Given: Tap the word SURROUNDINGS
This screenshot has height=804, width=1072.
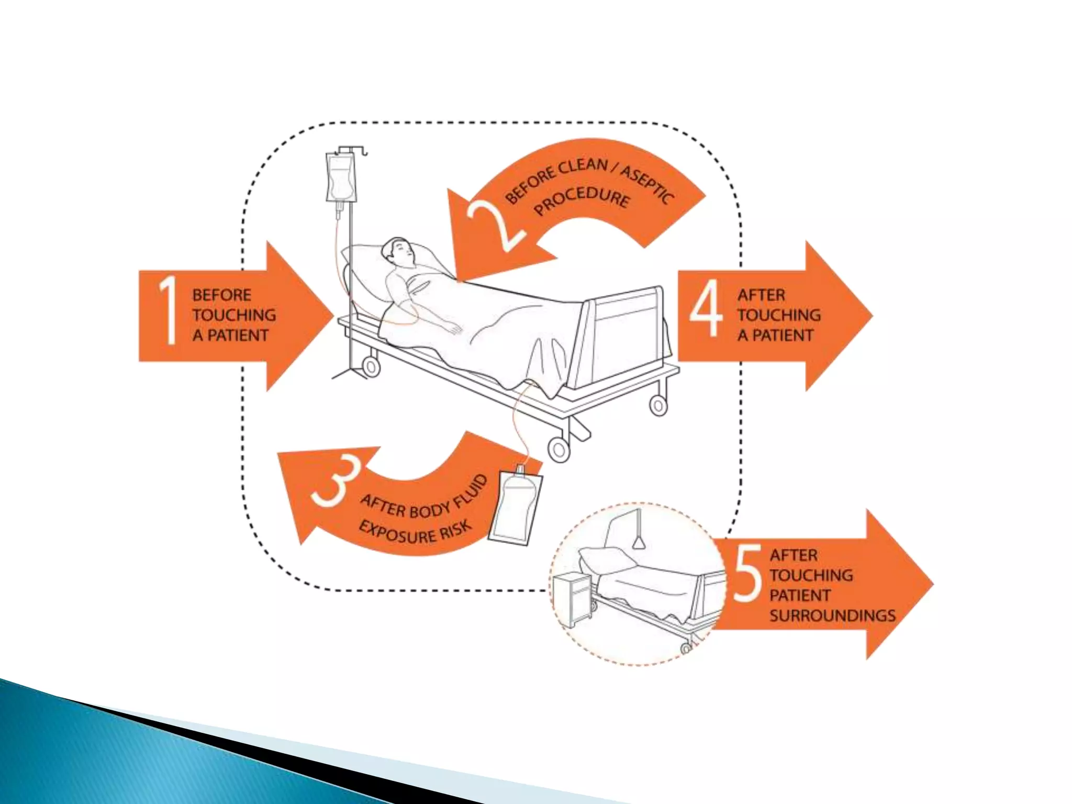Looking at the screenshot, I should pyautogui.click(x=832, y=616).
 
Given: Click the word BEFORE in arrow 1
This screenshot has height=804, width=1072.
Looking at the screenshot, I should pyautogui.click(x=221, y=295).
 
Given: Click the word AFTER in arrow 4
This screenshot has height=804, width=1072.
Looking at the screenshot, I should pyautogui.click(x=761, y=295).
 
